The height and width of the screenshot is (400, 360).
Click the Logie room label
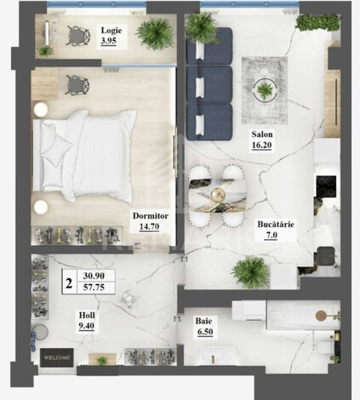coord(111,31)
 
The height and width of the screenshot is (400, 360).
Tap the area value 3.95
coord(109,41)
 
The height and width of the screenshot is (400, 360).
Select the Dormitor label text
coord(151,216)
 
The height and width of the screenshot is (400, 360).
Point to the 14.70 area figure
coord(149,226)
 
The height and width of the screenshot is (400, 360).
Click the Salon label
coord(262,134)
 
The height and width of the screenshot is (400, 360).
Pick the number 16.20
coord(262,145)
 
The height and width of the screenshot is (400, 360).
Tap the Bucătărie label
coord(276,225)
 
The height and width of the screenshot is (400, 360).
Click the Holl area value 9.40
coord(87,326)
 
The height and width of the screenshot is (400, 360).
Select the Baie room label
coord(203,321)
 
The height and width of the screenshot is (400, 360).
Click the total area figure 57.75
coord(94,288)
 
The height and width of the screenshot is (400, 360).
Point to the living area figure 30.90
coord(94,276)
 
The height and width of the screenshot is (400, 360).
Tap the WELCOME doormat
coord(57,357)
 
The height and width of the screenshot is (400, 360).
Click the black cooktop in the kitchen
coord(326,186)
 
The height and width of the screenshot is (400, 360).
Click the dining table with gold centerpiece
coord(218,196)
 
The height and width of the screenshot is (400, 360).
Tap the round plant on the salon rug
coord(266,90)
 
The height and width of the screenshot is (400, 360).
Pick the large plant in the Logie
coord(156,34)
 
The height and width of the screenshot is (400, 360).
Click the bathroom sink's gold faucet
coord(213,359)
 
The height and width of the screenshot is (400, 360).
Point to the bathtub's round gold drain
coord(321,315)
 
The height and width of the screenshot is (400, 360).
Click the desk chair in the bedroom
coord(77,84)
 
